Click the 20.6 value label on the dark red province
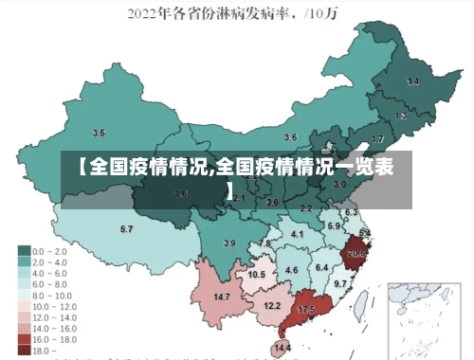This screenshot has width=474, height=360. pos(356,254)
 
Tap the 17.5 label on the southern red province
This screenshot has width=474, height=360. pos(306,310)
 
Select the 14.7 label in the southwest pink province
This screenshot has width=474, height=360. pos(222,297)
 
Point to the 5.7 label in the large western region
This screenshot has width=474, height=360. pos(126,229)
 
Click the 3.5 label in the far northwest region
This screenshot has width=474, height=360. pos(99,133)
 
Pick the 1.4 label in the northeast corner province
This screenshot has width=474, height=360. pos(412,82)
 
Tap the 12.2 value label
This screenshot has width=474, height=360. pos(272,305)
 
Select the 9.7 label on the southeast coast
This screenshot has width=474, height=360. pos(340,283)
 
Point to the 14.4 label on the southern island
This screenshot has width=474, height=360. pos(283,348)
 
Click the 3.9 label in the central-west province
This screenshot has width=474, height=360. pos(228,243)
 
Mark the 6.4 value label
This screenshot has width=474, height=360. pos(321,268)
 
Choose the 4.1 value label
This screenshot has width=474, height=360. pos(297,233)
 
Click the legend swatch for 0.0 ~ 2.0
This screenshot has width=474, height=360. pos(25,251)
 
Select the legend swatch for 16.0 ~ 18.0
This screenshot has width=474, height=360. pos(25,338)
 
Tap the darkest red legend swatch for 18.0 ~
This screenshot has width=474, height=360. pos(25,350)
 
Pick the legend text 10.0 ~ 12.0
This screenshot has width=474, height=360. pos(53,305)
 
